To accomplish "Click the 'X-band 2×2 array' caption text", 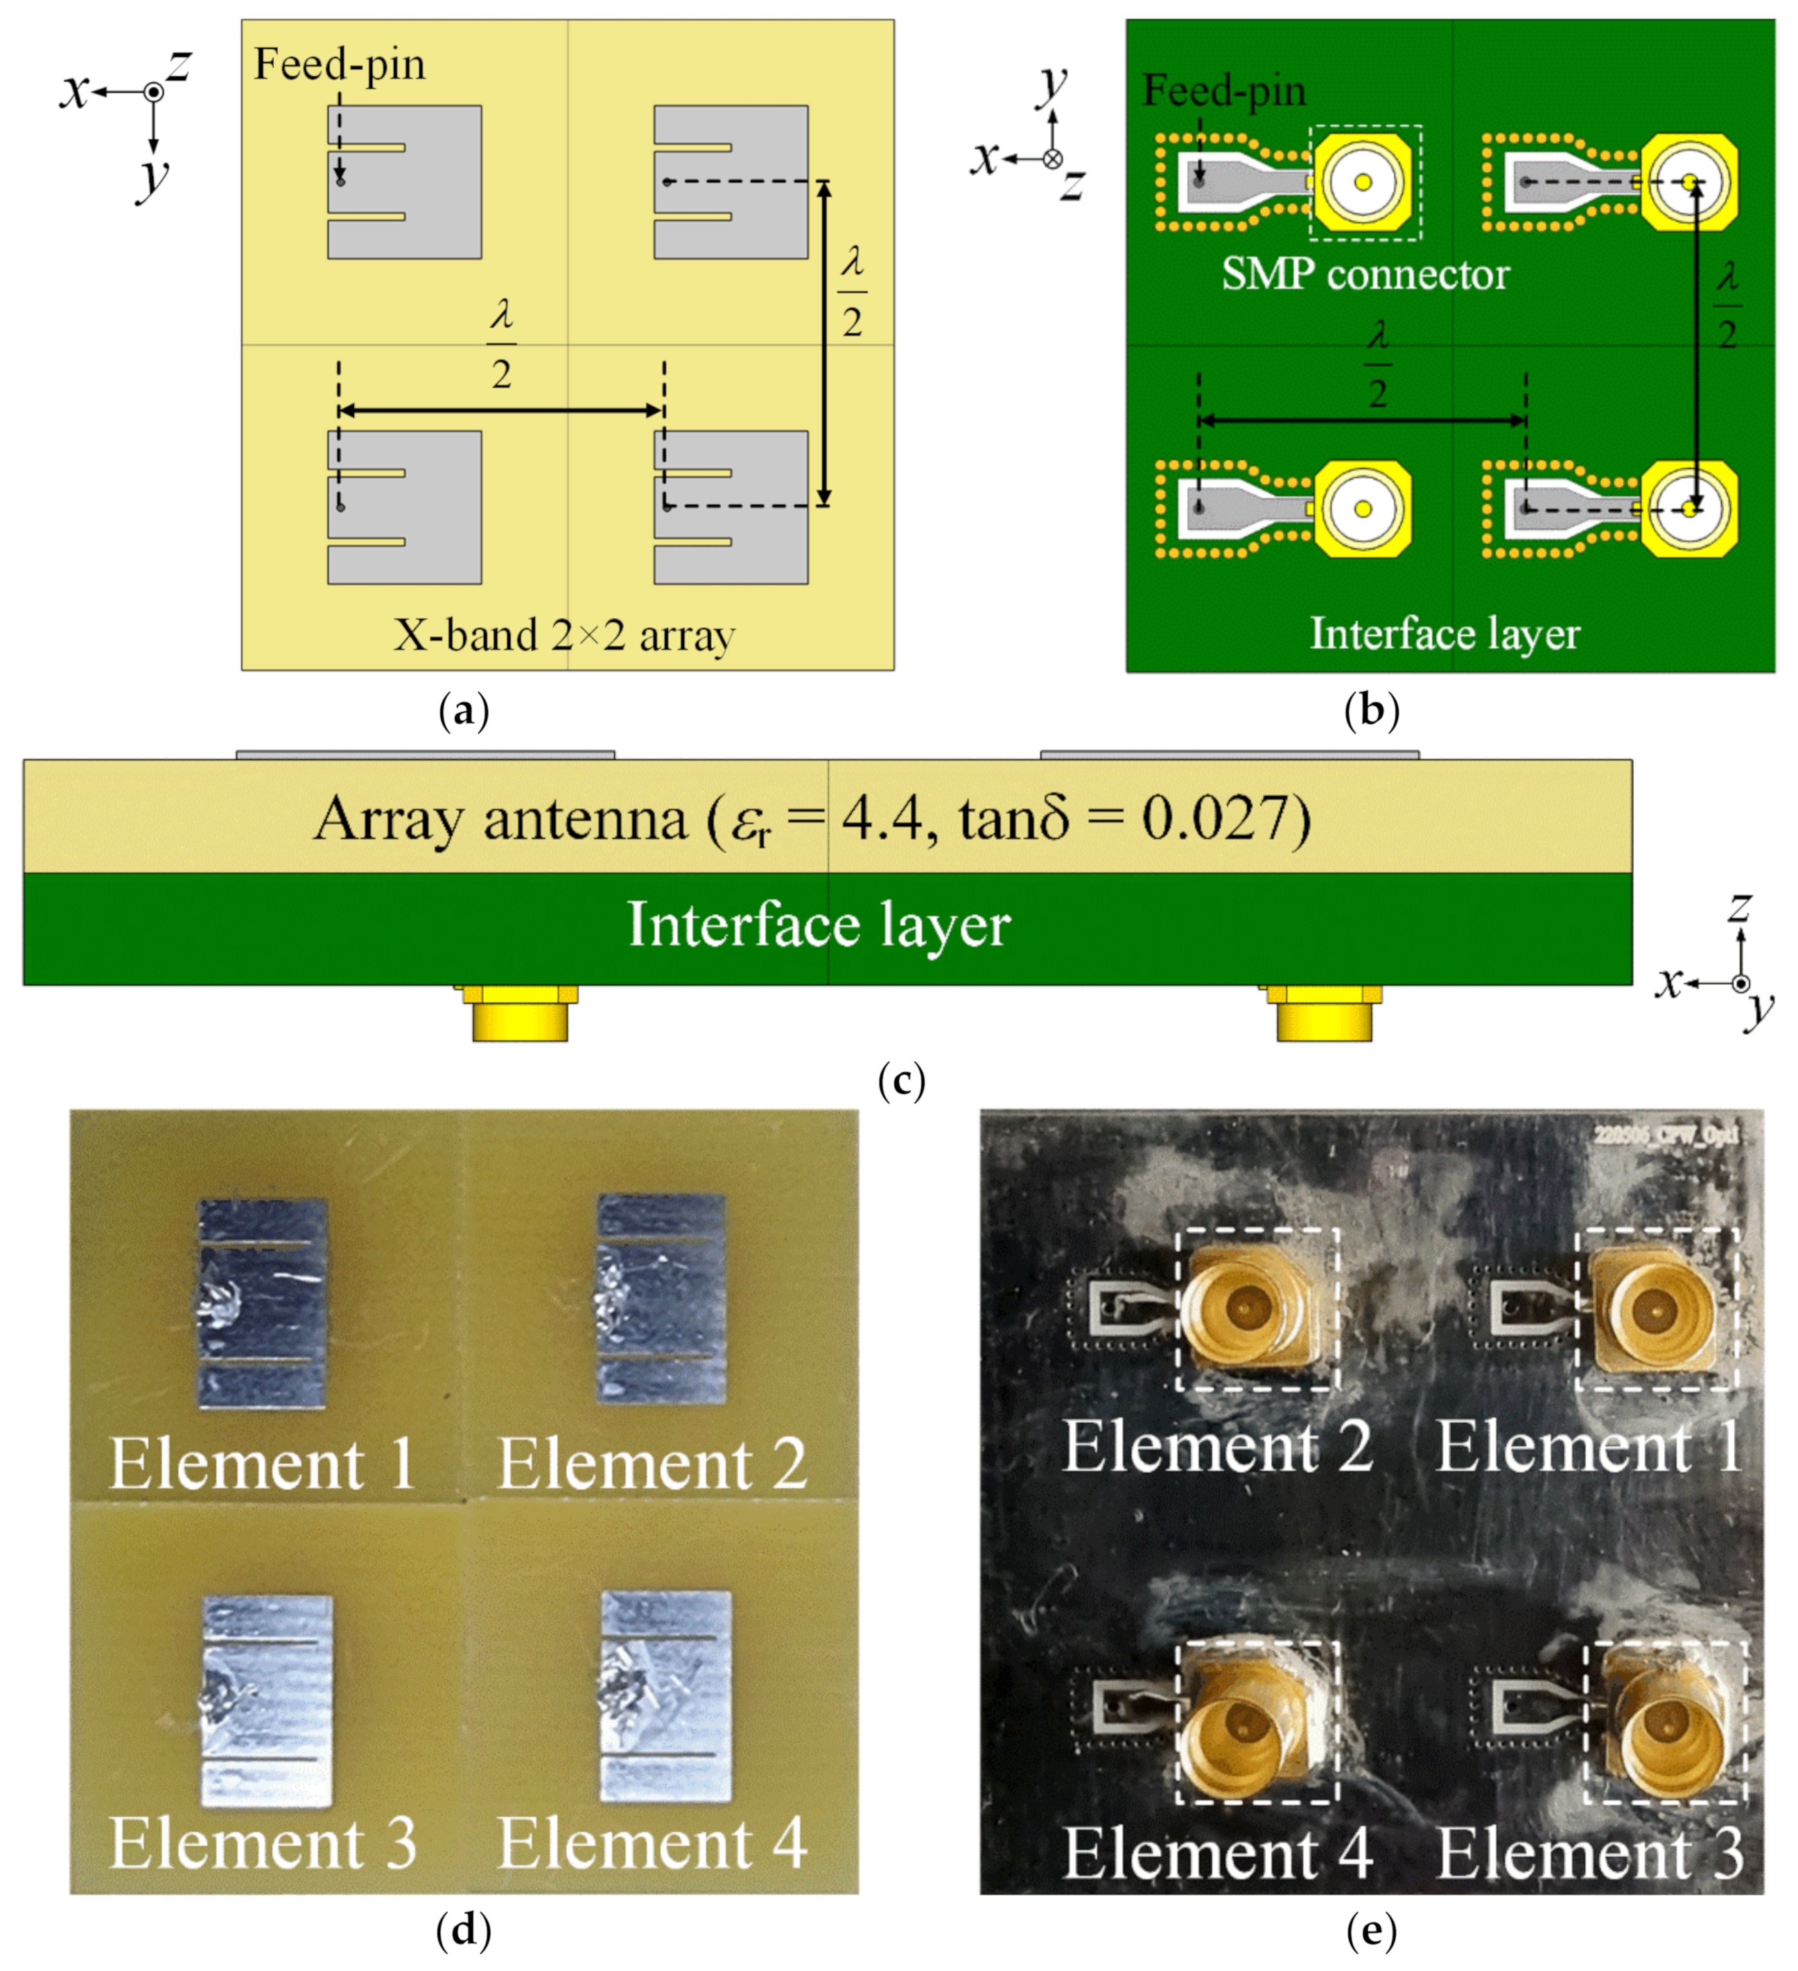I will [x=564, y=636].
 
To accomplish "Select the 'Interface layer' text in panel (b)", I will [x=1444, y=633].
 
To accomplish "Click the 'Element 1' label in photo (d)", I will [x=262, y=1464].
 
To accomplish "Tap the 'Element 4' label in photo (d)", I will [x=652, y=1844].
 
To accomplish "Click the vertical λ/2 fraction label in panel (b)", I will [x=1727, y=306].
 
